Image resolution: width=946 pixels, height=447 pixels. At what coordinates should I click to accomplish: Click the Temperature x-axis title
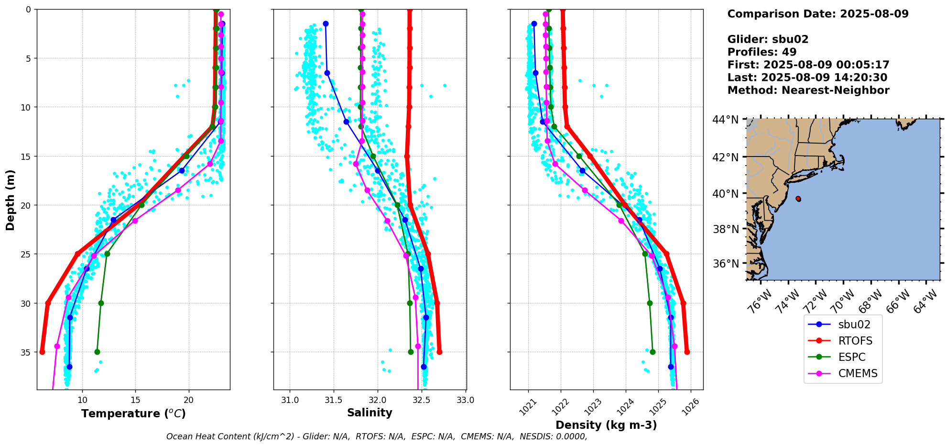tap(133, 413)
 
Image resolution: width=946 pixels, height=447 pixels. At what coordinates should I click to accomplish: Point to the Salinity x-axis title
tap(370, 413)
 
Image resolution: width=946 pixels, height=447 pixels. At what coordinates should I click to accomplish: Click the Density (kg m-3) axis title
tap(606, 425)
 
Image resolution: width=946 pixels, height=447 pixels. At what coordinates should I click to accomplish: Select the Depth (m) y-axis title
tap(10, 200)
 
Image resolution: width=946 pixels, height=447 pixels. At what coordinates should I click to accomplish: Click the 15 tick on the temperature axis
tap(135, 400)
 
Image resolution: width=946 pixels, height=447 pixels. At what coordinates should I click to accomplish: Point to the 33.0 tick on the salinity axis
tap(466, 400)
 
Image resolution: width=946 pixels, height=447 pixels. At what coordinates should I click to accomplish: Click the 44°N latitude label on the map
tap(725, 120)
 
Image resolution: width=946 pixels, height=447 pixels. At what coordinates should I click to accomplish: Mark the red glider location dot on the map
tap(798, 199)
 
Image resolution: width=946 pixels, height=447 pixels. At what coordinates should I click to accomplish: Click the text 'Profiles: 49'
tap(761, 52)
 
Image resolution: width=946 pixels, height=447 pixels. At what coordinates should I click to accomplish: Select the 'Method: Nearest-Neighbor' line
tap(808, 90)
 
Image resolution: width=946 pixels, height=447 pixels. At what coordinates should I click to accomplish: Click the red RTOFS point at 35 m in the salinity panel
tap(439, 352)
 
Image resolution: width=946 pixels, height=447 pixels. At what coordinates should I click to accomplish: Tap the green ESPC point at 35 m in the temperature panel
tap(97, 352)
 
